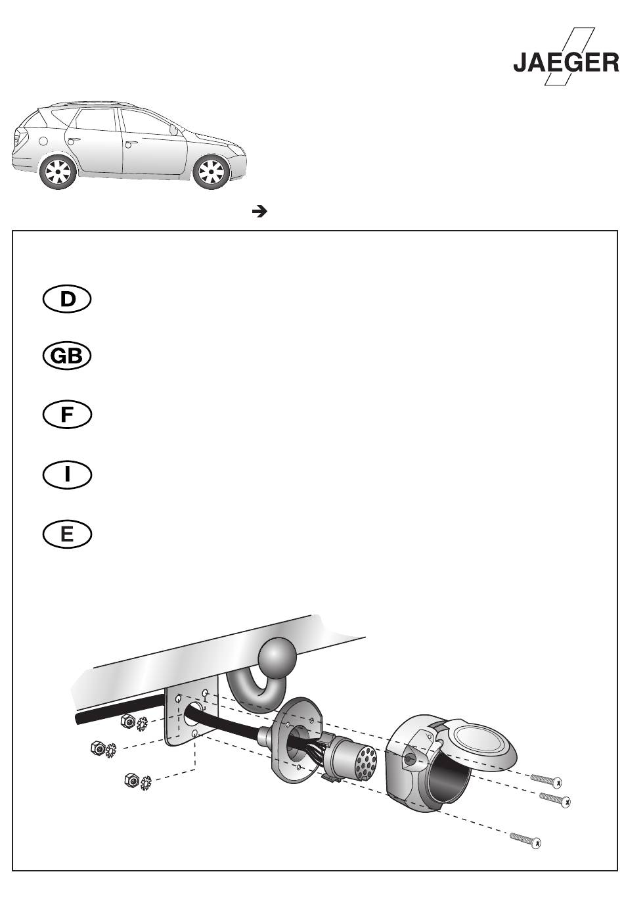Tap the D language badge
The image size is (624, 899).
click(67, 299)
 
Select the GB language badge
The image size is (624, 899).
click(67, 356)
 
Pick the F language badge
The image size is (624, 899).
click(67, 415)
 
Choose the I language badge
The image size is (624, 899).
click(67, 474)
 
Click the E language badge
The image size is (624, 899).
click(67, 534)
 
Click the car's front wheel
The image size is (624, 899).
click(212, 172)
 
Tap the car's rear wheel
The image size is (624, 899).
click(58, 172)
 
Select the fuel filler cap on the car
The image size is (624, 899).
click(43, 141)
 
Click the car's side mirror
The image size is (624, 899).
click(173, 129)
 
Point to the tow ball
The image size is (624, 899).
click(277, 657)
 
